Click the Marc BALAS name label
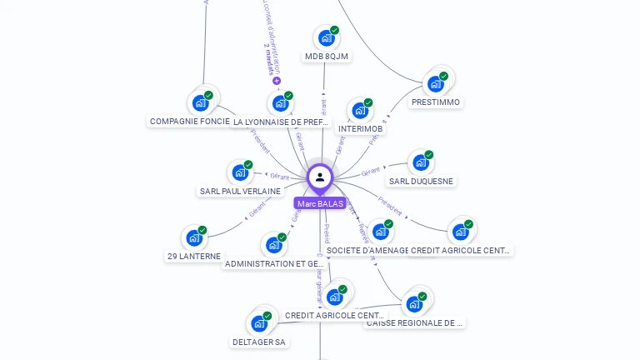pyautogui.click(x=320, y=203)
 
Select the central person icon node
pyautogui.click(x=320, y=177)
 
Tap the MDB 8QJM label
pyautogui.click(x=327, y=57)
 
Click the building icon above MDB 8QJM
pyautogui.click(x=326, y=38)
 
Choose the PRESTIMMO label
pyautogui.click(x=436, y=102)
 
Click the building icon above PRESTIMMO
pyautogui.click(x=435, y=83)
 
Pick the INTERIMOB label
pyautogui.click(x=361, y=129)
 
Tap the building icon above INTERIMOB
pyautogui.click(x=360, y=111)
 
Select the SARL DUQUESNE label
pyautogui.click(x=422, y=181)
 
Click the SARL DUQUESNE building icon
pyautogui.click(x=421, y=162)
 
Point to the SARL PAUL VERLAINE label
pyautogui.click(x=240, y=191)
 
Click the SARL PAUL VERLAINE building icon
pyautogui.click(x=240, y=172)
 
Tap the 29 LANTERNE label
pyautogui.click(x=194, y=256)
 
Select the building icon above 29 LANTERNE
pyautogui.click(x=194, y=238)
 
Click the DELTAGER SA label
pyautogui.click(x=258, y=342)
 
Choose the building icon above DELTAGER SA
pyautogui.click(x=258, y=323)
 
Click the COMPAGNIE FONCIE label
pyautogui.click(x=190, y=122)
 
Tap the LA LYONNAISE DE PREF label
pyautogui.click(x=281, y=122)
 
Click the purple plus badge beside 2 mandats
pyautogui.click(x=277, y=81)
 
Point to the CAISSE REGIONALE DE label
pyautogui.click(x=414, y=322)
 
